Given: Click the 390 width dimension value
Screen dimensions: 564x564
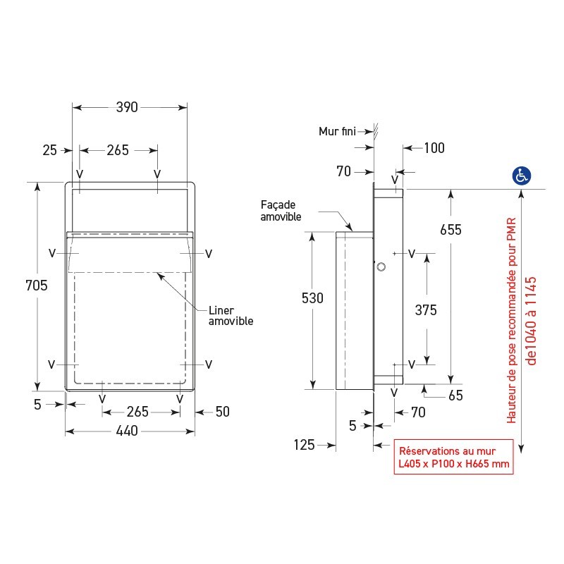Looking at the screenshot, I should click(128, 107).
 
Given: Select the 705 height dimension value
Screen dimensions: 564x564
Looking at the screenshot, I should click(36, 286).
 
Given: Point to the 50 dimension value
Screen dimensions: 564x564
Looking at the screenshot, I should click(222, 412).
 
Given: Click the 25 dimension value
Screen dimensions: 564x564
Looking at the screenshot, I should click(49, 150).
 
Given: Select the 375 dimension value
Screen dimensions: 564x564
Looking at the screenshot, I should click(426, 309).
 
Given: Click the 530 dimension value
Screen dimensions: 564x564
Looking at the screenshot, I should click(312, 298).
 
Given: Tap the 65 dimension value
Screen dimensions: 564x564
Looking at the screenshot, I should click(455, 396).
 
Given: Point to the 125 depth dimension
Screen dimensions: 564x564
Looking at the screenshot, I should click(305, 445).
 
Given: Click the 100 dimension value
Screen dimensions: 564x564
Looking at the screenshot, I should click(434, 147).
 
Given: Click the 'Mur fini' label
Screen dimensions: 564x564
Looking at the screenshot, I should click(336, 131).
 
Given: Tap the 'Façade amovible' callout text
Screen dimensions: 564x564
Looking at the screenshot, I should click(281, 211).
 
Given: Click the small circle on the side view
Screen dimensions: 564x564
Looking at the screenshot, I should click(381, 266).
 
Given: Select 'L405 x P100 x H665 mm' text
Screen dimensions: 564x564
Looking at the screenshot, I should click(452, 464).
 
